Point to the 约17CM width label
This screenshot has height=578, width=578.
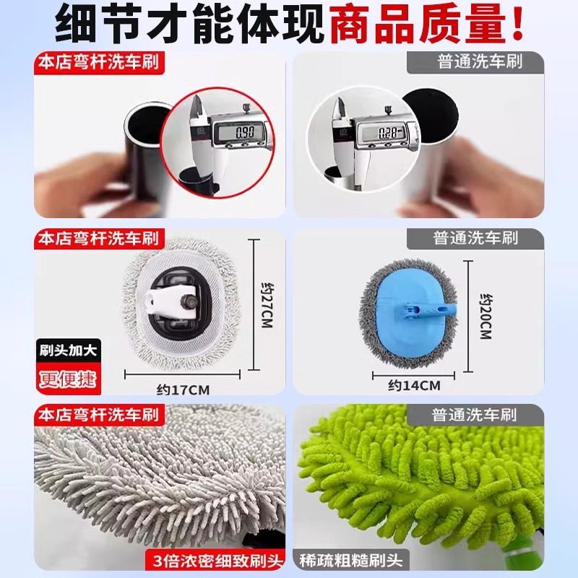click(183, 390)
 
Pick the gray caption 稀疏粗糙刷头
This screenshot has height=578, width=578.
click(353, 560)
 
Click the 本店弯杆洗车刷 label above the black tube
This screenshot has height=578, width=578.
click(100, 62)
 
